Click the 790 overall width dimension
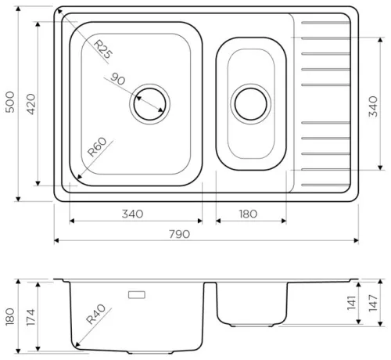pos(180,234)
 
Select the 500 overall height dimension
pos(10,102)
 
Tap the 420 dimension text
pos(31,104)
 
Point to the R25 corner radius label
pos(103,49)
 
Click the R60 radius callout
pos(97,147)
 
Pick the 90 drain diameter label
pos(118,79)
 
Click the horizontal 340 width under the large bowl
pos(132,214)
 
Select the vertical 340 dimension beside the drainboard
pos(373,106)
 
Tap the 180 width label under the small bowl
pos(248,214)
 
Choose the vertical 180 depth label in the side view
pos(10,317)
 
